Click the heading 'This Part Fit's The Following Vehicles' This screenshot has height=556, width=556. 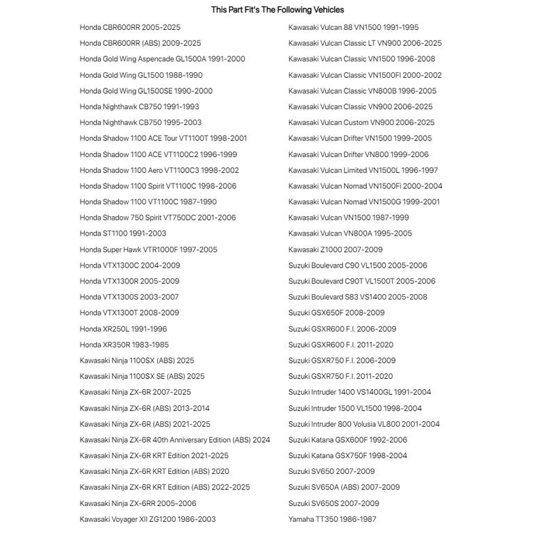[277, 10]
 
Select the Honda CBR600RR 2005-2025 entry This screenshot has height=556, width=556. [130, 27]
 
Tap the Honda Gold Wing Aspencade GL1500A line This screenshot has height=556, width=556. [162, 59]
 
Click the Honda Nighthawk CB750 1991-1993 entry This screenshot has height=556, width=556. [139, 107]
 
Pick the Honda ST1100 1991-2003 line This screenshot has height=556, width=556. [123, 234]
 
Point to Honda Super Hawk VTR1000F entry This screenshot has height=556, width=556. [148, 250]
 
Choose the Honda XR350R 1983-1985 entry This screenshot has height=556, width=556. [124, 345]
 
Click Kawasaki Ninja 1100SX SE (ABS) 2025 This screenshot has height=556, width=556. [142, 377]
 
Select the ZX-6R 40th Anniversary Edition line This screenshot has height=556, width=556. [174, 440]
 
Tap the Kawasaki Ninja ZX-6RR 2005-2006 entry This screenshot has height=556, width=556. [138, 503]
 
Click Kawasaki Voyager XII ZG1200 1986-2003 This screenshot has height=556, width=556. [147, 519]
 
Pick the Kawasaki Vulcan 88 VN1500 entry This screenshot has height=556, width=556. [353, 27]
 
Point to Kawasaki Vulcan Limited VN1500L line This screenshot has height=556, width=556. [363, 170]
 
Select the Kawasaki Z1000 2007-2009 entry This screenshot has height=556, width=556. [335, 250]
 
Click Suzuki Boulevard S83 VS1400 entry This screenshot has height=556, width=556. [357, 297]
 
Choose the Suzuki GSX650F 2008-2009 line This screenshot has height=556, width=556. [336, 313]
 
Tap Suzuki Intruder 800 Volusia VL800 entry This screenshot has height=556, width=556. [364, 424]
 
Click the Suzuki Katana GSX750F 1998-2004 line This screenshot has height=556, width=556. [347, 456]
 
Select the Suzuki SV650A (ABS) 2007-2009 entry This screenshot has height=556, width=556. [344, 487]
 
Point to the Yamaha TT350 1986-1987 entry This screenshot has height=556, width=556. [332, 519]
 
